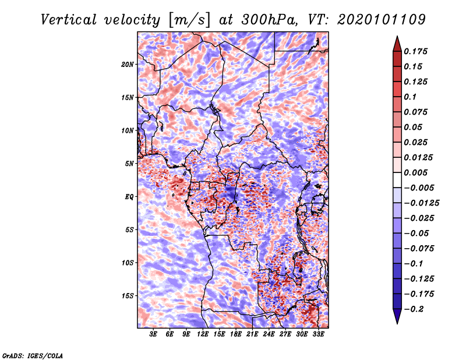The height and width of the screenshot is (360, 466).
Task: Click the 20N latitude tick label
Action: pos(128,64)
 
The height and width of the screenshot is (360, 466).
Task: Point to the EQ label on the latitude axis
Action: pos(129,196)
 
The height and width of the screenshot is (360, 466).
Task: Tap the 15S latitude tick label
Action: pos(128,296)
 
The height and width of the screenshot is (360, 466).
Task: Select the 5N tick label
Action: pos(129,163)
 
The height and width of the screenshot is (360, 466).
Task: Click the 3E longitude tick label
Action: pos(153,334)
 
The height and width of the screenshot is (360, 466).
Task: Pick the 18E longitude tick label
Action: pos(236,334)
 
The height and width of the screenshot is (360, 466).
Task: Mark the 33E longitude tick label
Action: pos(319,334)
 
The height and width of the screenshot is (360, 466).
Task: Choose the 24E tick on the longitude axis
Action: pos(269,334)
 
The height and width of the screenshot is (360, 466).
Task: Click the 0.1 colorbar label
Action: pos(410,97)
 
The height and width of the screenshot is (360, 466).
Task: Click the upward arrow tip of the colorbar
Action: pos(397,38)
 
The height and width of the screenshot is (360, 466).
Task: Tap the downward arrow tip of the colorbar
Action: pos(397,322)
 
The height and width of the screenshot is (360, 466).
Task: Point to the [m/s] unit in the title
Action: pos(188,19)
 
